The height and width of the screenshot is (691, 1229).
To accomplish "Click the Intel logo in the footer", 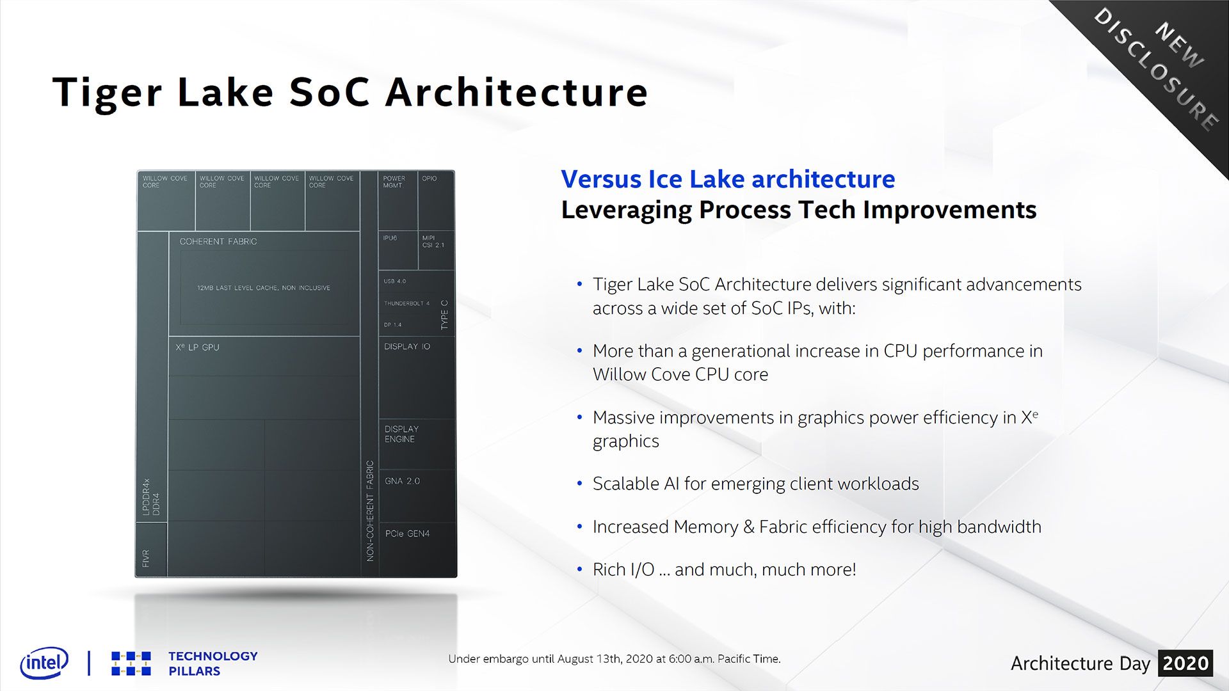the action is [x=44, y=663].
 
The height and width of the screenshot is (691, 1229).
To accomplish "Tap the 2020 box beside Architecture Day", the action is [x=1185, y=663].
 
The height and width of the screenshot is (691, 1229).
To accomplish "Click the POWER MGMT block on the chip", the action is [x=398, y=200].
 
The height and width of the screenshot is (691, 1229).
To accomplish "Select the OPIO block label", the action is [x=429, y=179].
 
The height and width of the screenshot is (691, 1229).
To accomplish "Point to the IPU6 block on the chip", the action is [x=398, y=250].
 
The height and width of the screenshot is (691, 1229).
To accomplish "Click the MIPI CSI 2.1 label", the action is [x=433, y=241].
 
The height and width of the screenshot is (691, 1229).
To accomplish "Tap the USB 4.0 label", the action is [x=394, y=281].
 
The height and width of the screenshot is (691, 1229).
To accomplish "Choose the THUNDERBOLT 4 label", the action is [x=406, y=303].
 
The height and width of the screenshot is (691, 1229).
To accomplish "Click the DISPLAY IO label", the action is [x=407, y=346].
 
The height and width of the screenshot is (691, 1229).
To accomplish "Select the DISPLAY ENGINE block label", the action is [x=401, y=434].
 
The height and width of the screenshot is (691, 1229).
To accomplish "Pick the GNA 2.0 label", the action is [x=402, y=481].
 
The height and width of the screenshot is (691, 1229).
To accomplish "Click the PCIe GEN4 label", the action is [x=407, y=534].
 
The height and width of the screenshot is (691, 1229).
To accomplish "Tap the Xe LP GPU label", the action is [x=197, y=347].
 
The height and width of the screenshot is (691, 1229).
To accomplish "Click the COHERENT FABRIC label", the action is [x=218, y=241].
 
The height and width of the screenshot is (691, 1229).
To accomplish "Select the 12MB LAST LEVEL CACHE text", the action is [x=264, y=288].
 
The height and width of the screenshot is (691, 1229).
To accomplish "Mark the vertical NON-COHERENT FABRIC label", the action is [x=370, y=511].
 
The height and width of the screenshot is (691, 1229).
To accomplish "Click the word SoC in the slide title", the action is [x=330, y=92].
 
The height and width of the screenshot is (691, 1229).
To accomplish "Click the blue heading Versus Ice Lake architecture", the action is [x=728, y=179].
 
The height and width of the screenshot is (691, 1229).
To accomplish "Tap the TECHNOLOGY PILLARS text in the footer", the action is [x=213, y=663].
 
